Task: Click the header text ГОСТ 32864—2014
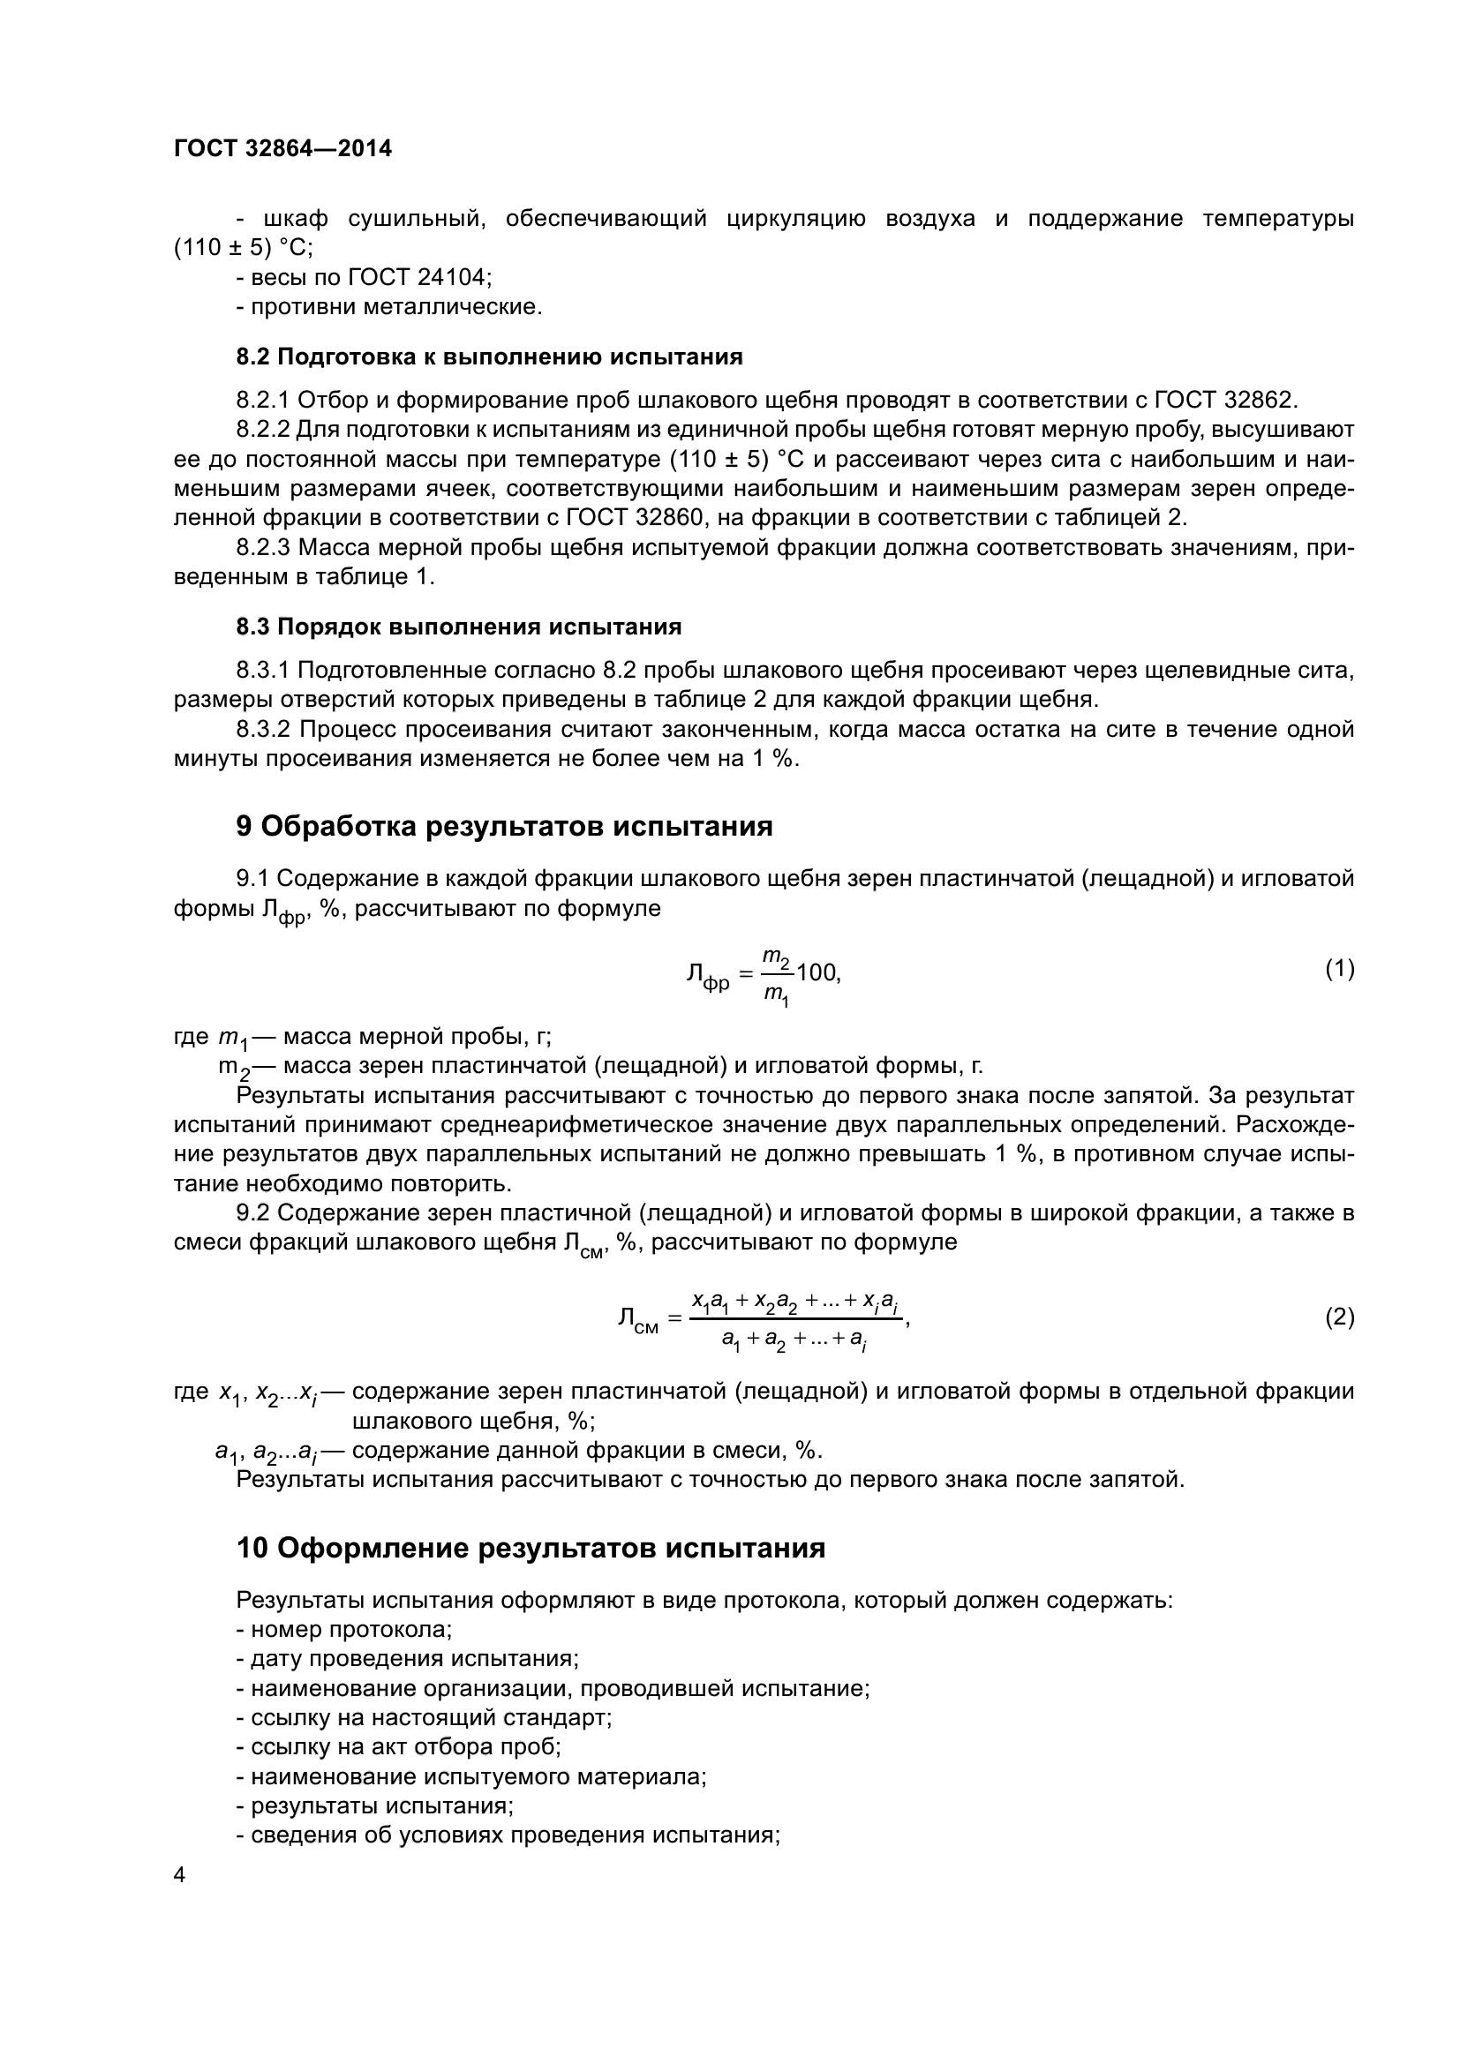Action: [x=282, y=149]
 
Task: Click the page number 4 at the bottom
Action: [x=180, y=1874]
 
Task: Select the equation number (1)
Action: [x=1339, y=968]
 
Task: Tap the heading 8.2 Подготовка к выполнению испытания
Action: [x=489, y=357]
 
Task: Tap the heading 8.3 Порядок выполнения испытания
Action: [x=458, y=627]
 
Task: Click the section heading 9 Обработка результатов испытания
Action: [x=503, y=826]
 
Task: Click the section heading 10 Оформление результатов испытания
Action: [x=531, y=1548]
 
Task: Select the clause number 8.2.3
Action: [x=263, y=547]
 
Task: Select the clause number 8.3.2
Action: [x=263, y=729]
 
